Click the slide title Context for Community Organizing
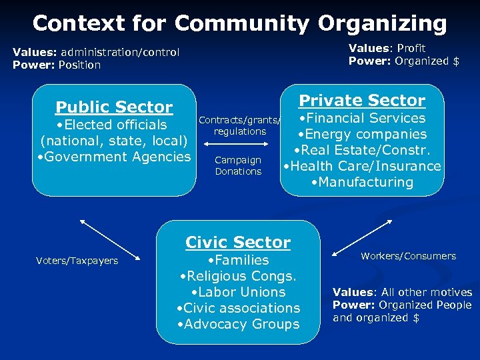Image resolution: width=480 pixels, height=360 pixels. coord(239,23)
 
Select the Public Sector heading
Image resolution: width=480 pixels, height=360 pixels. coord(114,107)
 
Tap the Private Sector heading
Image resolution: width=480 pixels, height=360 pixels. coord(362,100)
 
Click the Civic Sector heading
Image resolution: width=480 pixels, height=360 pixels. coord(238,242)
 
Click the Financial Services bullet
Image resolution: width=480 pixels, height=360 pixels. coord(362,118)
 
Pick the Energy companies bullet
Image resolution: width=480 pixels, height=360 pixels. coord(362,134)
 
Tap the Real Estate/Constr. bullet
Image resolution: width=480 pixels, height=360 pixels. coord(362,150)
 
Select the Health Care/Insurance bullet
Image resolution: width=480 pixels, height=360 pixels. coord(362,166)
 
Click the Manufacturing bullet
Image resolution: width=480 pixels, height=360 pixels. coord(362,182)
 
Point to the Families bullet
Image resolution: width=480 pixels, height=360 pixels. coord(238,260)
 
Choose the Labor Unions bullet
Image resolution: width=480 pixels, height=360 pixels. coord(238,292)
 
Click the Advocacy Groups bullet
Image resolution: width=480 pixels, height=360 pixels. coord(238,324)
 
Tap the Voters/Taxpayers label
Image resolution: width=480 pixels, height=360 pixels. coord(77,261)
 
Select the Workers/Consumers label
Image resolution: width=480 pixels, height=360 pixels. coord(409,256)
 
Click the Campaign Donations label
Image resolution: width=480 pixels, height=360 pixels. coord(238,165)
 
